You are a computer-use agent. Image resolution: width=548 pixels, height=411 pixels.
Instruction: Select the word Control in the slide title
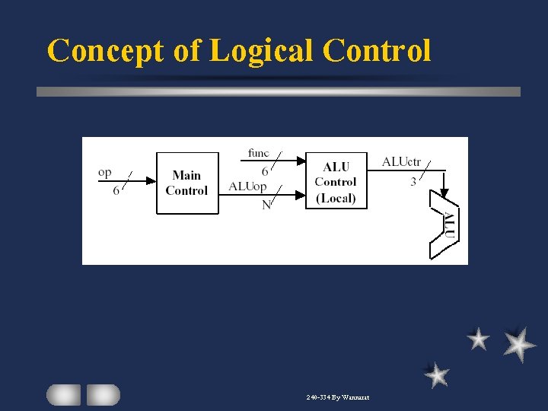click(377, 50)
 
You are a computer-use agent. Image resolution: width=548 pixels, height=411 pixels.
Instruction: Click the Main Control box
click(187, 183)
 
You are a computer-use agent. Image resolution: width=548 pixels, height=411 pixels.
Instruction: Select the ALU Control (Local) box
click(335, 182)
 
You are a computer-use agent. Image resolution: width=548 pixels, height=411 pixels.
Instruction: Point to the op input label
click(105, 173)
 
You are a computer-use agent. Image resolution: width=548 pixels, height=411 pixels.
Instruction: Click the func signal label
click(258, 153)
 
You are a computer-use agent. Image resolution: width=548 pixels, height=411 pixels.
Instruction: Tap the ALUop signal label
click(247, 186)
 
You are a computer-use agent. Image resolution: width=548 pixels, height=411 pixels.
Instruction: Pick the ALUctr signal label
click(401, 161)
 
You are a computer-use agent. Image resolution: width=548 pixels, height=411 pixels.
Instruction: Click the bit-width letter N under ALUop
click(266, 205)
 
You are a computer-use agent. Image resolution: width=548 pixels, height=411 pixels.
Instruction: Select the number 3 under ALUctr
click(413, 181)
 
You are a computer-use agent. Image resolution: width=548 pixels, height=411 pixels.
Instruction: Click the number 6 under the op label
click(116, 191)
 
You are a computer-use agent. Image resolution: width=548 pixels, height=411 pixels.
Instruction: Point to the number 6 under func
click(265, 171)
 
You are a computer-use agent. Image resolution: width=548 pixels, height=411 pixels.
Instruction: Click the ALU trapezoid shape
click(445, 225)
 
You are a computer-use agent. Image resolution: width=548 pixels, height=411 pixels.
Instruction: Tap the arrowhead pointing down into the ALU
click(444, 193)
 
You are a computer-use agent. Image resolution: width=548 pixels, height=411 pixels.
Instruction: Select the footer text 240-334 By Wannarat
click(337, 397)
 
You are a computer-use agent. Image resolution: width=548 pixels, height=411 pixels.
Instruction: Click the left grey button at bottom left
click(63, 394)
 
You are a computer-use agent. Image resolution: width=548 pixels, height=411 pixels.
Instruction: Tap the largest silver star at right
click(519, 344)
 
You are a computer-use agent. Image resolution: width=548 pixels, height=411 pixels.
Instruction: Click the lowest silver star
click(436, 374)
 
